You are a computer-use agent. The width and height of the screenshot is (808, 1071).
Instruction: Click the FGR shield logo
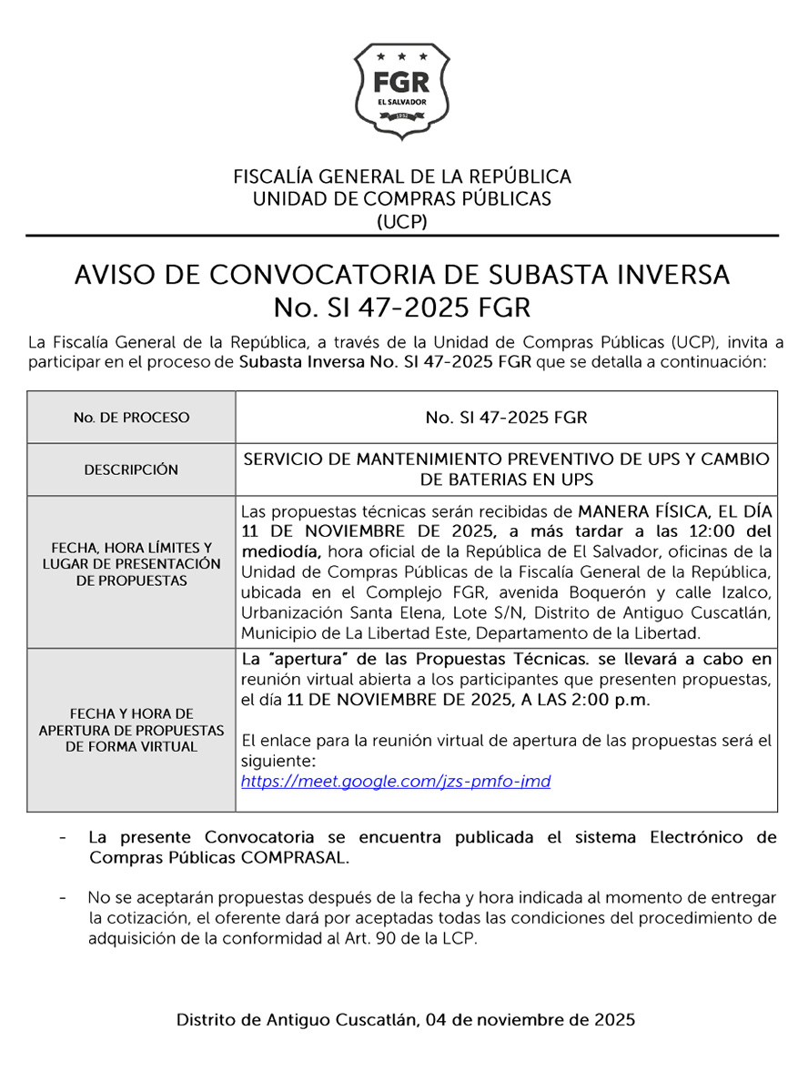pos(402,91)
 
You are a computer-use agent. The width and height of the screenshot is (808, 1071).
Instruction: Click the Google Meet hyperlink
pos(396,782)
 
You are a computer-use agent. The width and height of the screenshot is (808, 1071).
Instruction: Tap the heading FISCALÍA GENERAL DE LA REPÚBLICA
pos(402,177)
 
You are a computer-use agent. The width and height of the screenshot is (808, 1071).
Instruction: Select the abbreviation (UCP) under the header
pos(402,221)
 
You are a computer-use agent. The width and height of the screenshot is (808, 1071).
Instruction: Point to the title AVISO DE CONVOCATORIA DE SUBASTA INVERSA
pos(402,275)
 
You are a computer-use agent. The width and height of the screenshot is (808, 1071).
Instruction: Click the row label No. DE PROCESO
pos(131,418)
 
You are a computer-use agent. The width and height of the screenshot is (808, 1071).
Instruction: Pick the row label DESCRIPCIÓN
pos(131,470)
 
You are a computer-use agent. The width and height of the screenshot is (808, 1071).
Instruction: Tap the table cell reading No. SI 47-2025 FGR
pos(506,418)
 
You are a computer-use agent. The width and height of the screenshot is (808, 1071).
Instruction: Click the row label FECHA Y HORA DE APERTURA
pos(131,730)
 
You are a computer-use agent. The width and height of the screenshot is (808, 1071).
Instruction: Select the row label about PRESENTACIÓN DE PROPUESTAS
pos(131,564)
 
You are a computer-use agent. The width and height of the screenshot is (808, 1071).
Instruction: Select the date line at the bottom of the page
pos(406,1020)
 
